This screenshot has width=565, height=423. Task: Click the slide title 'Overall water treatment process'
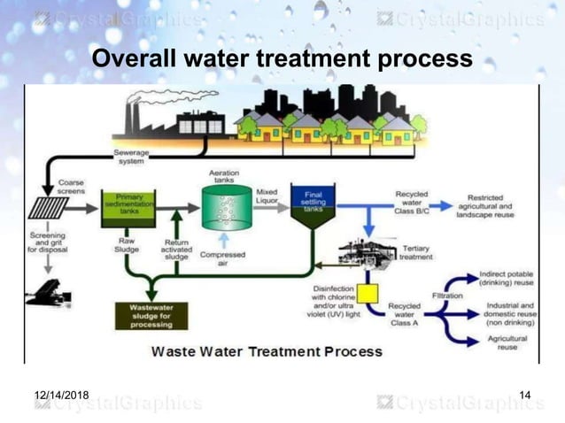[x=282, y=60]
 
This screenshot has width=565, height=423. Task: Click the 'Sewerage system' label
[x=131, y=158]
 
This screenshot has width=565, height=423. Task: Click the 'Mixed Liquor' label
[x=266, y=196]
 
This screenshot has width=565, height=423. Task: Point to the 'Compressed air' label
[x=223, y=259]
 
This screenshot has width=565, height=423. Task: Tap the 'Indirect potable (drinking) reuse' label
[x=504, y=279]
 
